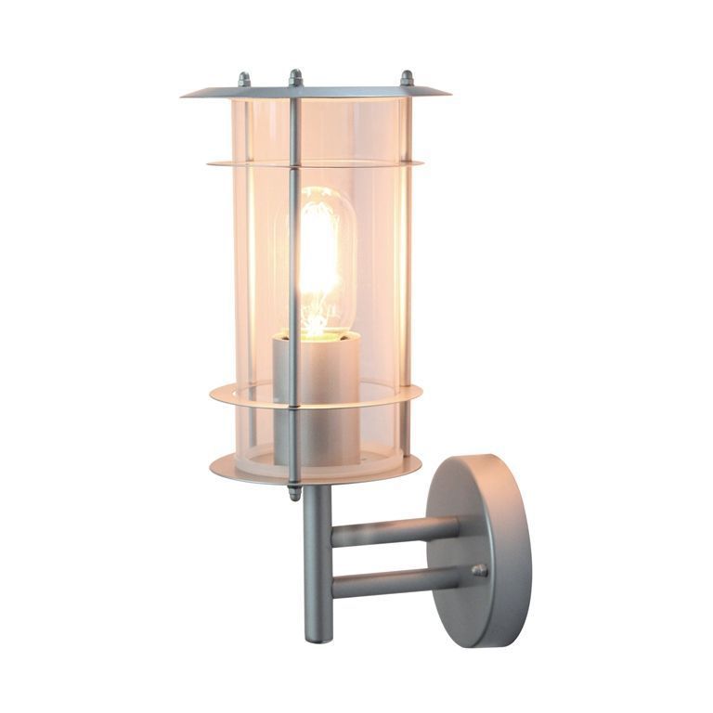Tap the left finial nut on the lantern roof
click(x=244, y=80)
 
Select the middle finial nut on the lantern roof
click(x=295, y=78)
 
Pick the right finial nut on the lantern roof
click(x=406, y=79)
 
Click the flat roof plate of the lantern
click(x=316, y=93)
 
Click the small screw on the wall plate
click(x=479, y=571)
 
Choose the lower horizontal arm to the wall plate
click(x=395, y=583)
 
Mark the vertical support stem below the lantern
click(x=318, y=557)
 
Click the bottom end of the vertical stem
click(x=318, y=636)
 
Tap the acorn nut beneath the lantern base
click(x=294, y=492)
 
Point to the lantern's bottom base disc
click(x=316, y=468)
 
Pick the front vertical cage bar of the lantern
click(x=294, y=279)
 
